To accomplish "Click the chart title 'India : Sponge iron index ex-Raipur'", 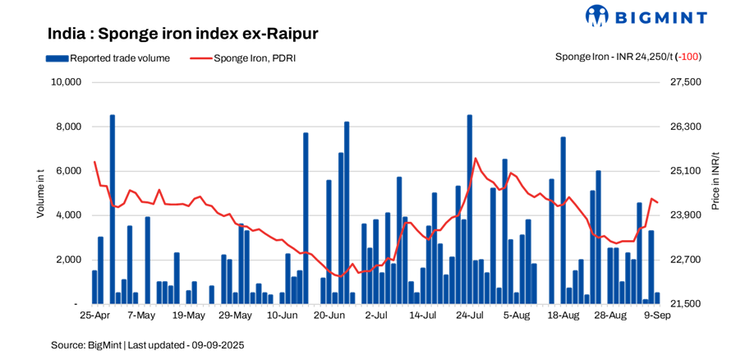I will tap(182, 34).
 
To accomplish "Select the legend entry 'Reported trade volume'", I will tap(108, 58).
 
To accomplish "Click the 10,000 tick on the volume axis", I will tap(65, 82).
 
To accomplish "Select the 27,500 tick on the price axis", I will tap(687, 82).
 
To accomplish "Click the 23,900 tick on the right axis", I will tap(687, 215).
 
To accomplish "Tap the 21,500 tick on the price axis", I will tap(687, 304).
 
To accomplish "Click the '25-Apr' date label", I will tap(95, 315).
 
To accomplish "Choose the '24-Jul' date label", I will tap(470, 315).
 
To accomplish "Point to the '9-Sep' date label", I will tap(657, 315).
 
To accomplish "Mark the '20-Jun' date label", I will tap(329, 315).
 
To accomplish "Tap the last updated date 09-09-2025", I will tap(217, 345).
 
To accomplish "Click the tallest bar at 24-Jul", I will tap(470, 210).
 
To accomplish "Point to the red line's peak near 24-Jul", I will tap(476, 159).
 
